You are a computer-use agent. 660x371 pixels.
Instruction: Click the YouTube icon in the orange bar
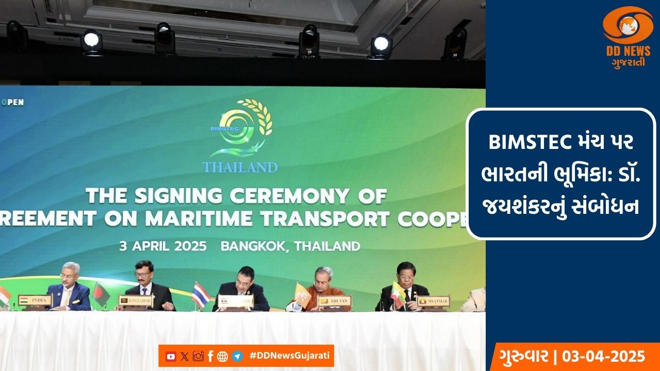171,356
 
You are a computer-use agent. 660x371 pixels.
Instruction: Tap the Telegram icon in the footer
237,356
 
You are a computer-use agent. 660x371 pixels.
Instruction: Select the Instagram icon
198,356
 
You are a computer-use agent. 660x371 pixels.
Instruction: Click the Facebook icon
210,356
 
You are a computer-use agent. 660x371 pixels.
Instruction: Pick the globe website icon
223,356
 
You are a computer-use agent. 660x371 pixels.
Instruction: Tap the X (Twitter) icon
185,356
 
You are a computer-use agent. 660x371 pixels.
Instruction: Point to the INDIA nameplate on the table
35,300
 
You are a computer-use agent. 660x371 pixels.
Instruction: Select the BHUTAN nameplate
335,300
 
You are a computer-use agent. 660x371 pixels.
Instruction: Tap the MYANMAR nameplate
433,300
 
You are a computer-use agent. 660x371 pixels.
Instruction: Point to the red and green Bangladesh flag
102,294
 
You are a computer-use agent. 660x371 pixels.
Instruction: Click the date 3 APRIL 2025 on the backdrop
163,246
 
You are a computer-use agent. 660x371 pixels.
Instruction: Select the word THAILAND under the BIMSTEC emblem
240,167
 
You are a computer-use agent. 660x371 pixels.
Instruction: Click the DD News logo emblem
628,26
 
